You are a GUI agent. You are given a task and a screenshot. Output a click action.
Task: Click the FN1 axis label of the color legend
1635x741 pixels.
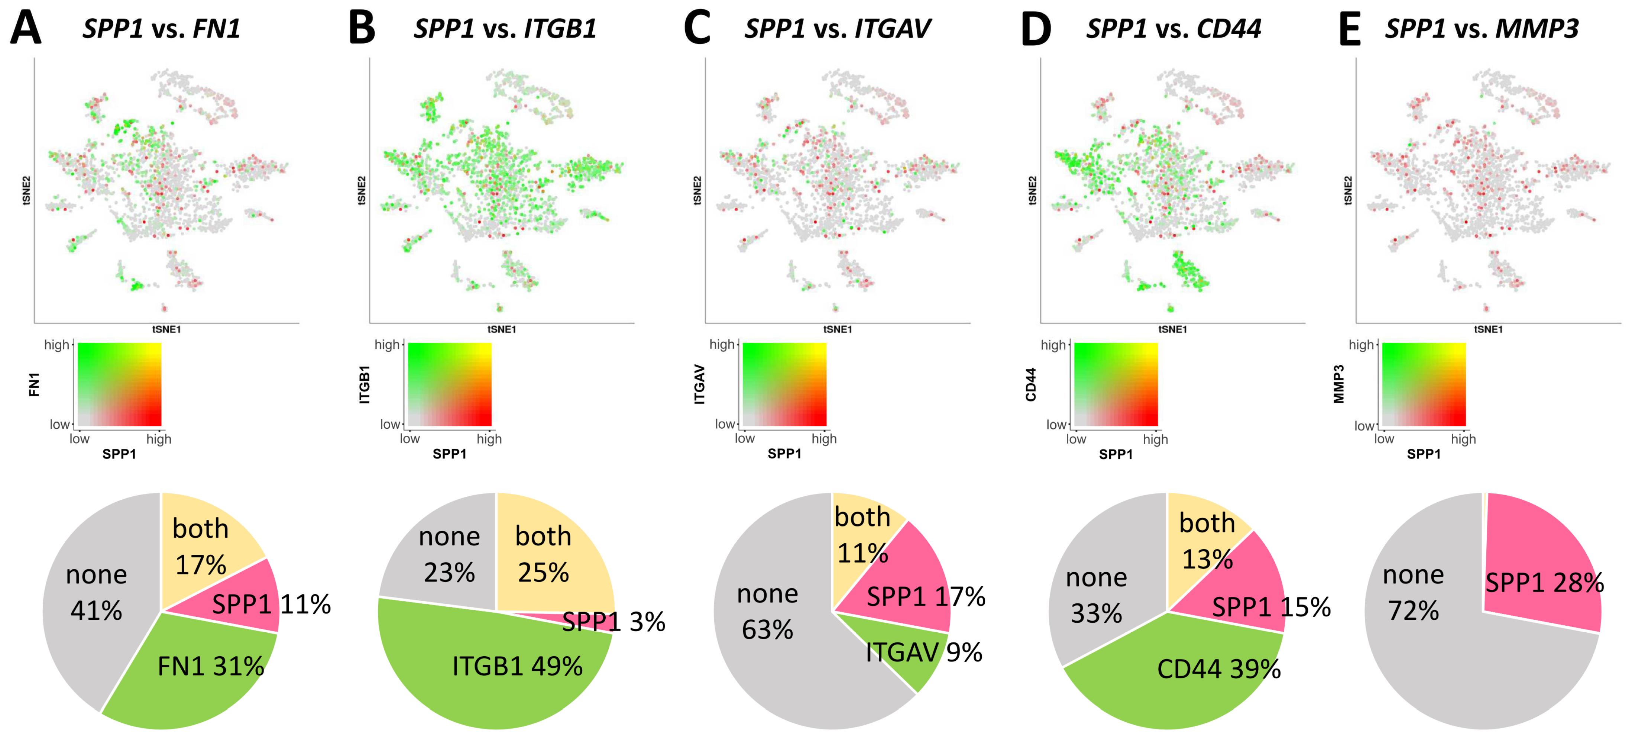coord(34,385)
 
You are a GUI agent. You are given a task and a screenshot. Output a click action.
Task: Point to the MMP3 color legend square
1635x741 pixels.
coord(1424,384)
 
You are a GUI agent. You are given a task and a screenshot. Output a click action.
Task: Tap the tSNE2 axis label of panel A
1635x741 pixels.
coord(27,190)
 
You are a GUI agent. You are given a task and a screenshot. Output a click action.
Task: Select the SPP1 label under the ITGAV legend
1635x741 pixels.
coord(784,453)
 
